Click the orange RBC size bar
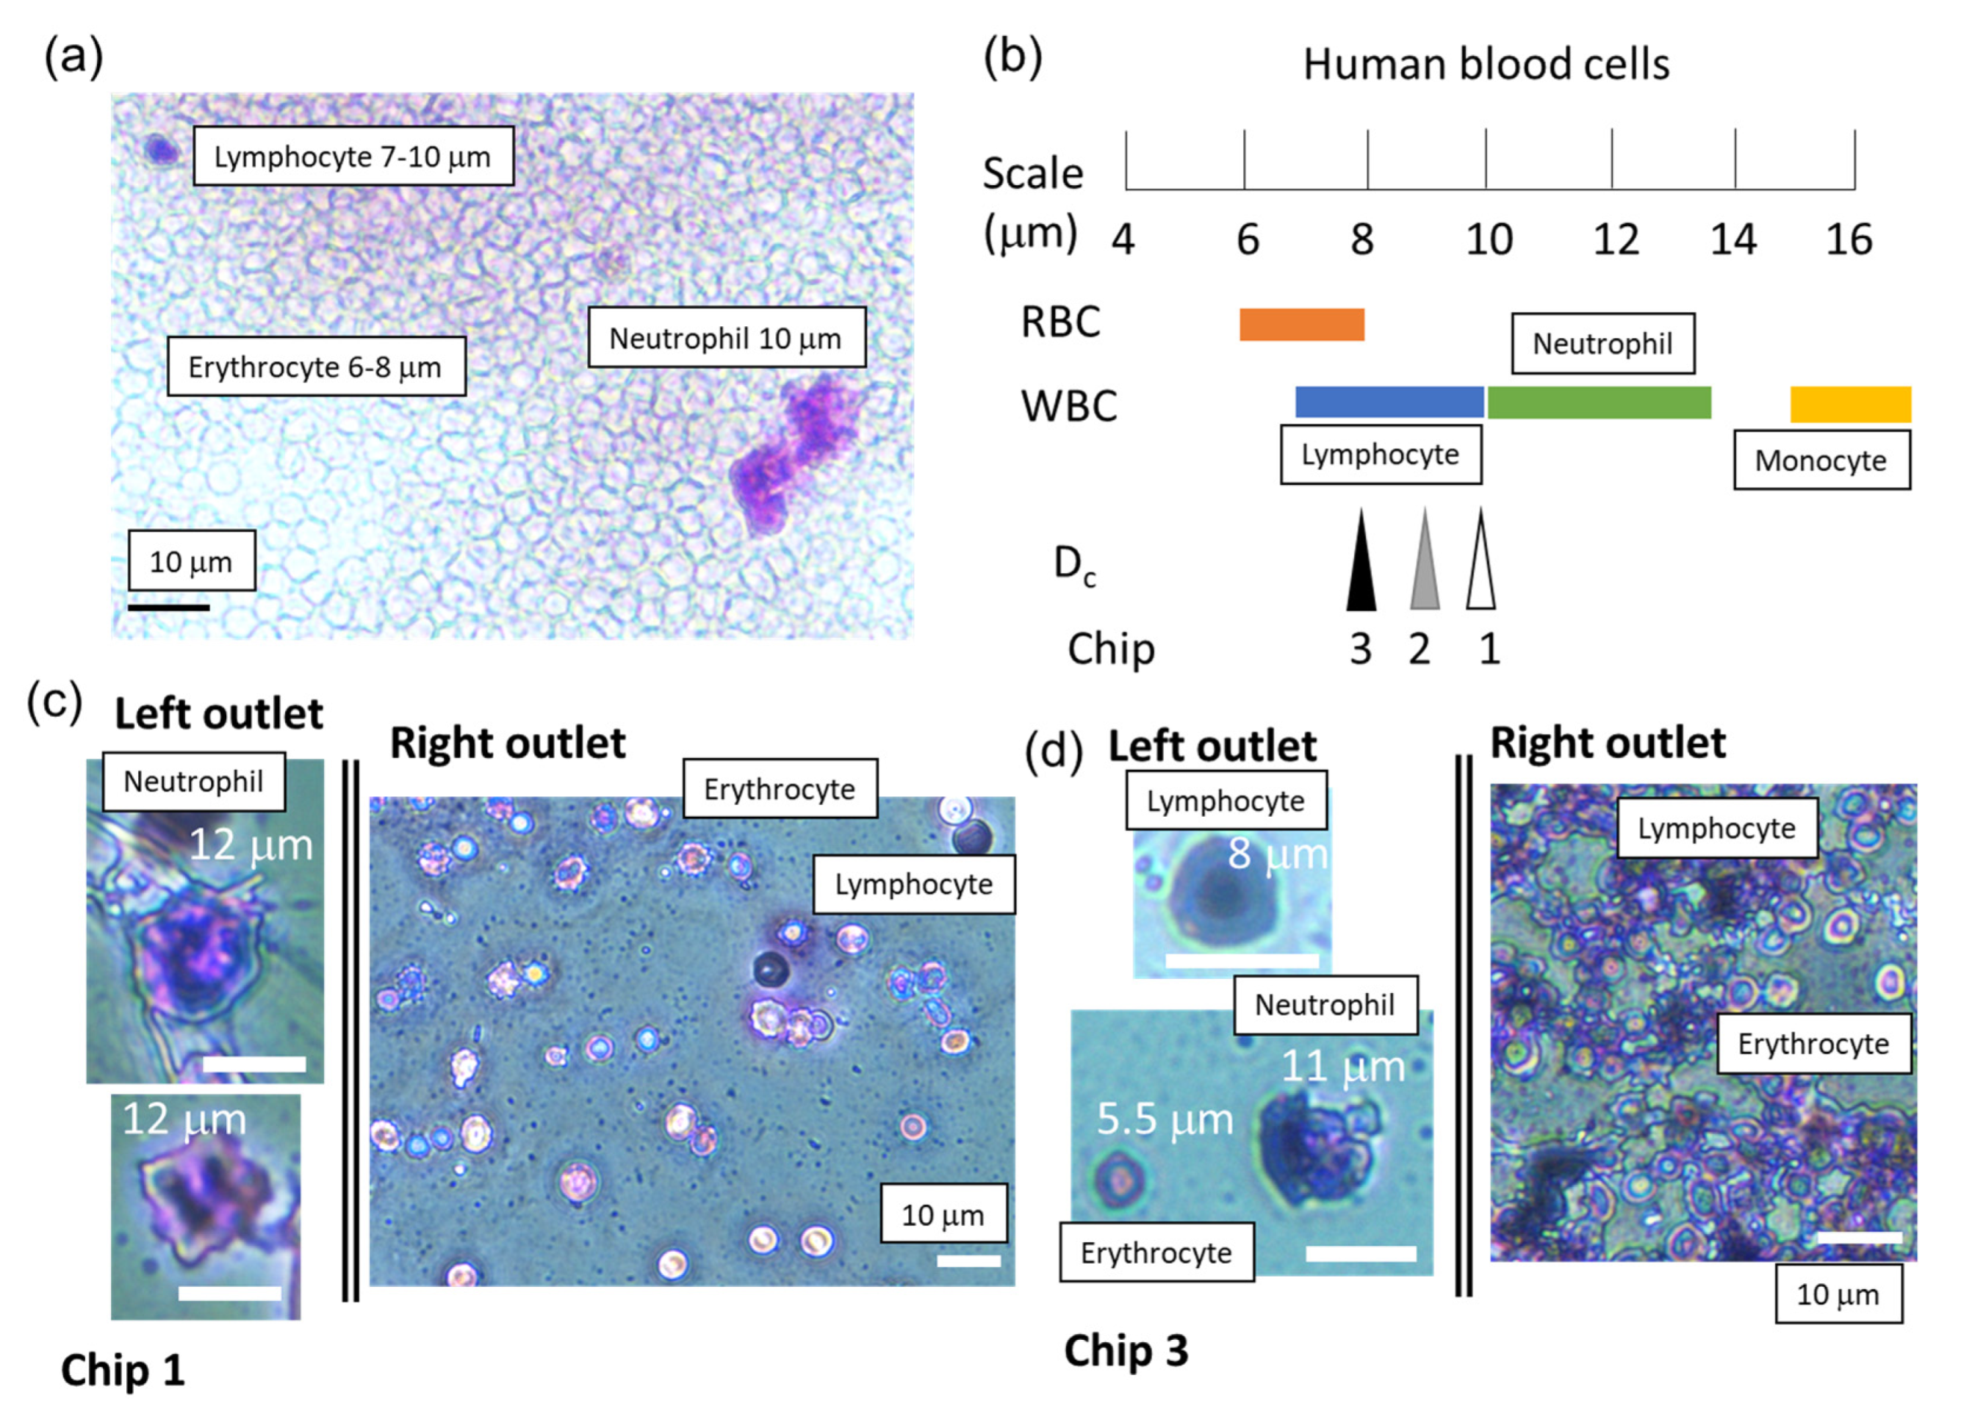tap(1301, 324)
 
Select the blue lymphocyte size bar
tap(1389, 402)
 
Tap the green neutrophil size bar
tap(1599, 402)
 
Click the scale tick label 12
tap(1616, 239)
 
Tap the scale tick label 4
tap(1123, 239)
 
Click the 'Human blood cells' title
tap(1486, 65)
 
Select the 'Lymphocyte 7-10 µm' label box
tap(353, 156)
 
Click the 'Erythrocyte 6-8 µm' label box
tap(316, 366)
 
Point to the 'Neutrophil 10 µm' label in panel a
tap(726, 337)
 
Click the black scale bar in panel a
tap(168, 607)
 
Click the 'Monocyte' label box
tap(1821, 461)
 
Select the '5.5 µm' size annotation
tap(1165, 1119)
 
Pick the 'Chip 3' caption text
tap(1126, 1350)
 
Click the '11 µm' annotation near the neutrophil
tap(1342, 1067)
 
